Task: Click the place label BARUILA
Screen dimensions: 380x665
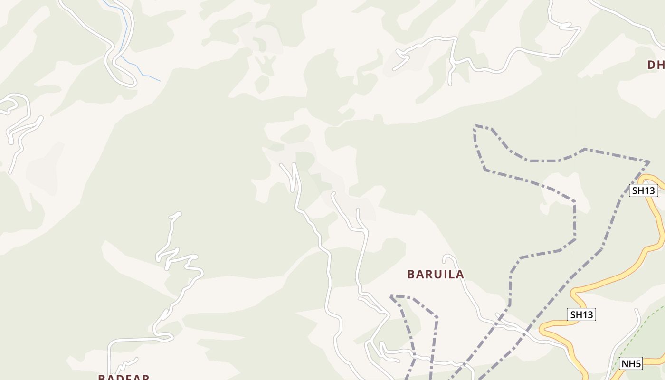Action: point(436,274)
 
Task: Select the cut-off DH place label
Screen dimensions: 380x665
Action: point(656,65)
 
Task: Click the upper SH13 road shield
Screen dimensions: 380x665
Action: point(644,191)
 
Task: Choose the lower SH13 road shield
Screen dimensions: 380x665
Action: point(581,314)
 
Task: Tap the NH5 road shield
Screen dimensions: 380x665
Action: point(632,364)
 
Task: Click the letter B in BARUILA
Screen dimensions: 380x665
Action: point(411,274)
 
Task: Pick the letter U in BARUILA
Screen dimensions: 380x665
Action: point(435,274)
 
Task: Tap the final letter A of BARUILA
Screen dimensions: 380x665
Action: point(460,274)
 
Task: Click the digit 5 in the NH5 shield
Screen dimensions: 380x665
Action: point(638,364)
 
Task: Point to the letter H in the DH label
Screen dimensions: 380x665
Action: point(661,65)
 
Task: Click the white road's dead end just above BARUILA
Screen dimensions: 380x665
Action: point(445,259)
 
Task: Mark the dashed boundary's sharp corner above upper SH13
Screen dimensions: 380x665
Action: point(648,162)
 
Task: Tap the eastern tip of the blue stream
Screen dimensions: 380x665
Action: point(160,81)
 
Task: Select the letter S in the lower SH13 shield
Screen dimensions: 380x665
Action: point(574,314)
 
